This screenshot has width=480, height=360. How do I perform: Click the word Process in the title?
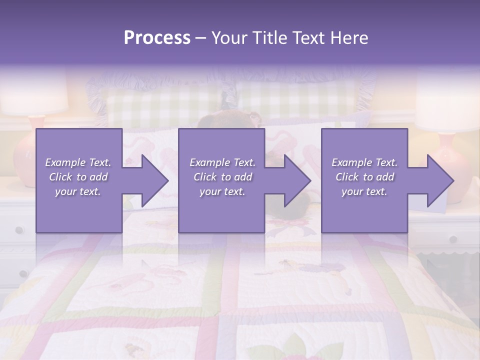click(157, 38)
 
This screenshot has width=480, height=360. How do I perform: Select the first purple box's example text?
click(78, 177)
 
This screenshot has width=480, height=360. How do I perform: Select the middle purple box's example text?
click(222, 177)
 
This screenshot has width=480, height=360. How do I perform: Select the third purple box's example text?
click(364, 177)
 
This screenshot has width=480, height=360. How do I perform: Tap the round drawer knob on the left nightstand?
click(19, 230)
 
